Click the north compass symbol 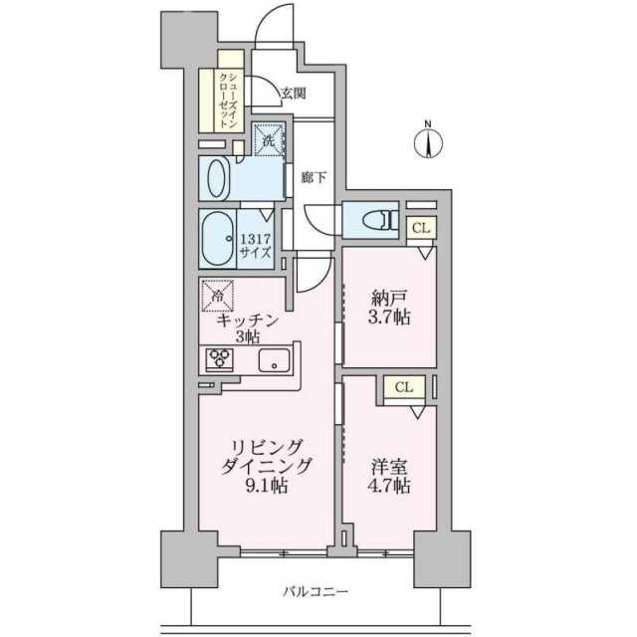429,141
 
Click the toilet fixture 369,218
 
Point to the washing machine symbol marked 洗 268,139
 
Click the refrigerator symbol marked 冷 218,294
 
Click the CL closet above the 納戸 421,228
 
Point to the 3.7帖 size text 390,318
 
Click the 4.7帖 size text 390,487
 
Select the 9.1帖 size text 267,487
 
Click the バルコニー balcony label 315,591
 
